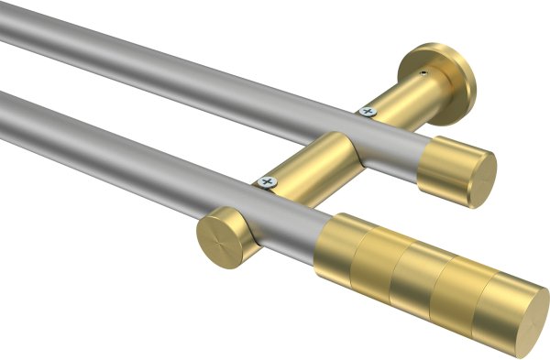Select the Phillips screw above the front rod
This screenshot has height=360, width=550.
click(x=269, y=182)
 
